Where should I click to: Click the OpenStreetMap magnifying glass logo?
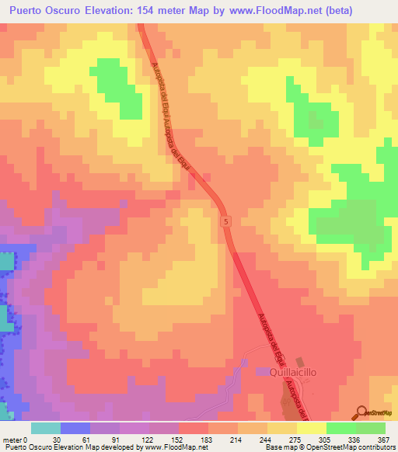tap(361, 412)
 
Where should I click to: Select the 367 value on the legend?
tap(382, 439)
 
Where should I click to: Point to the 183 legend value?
tap(205, 439)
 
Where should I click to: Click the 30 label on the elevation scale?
tap(57, 439)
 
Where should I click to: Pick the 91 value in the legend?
tap(116, 439)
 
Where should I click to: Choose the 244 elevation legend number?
tap(264, 439)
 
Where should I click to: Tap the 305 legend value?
tap(323, 439)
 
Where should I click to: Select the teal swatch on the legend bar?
tap(46, 428)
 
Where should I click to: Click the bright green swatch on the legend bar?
tap(341, 428)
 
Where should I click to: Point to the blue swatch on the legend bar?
tap(75, 428)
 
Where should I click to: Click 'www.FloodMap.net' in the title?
tap(260, 11)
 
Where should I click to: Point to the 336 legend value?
tap(353, 439)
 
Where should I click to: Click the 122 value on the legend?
tap(145, 439)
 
